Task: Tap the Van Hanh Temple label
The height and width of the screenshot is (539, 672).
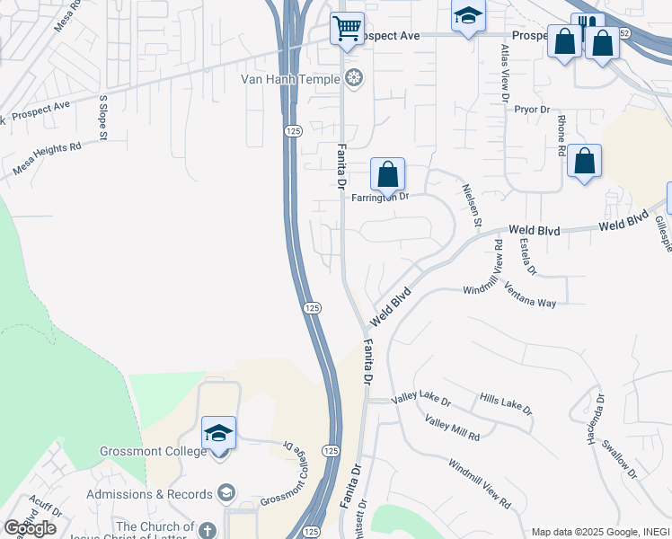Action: coord(290,79)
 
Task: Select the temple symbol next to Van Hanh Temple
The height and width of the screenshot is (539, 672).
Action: coord(354,79)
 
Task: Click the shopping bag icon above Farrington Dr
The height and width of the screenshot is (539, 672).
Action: coord(387,174)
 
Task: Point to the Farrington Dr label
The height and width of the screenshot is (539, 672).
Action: coord(380,196)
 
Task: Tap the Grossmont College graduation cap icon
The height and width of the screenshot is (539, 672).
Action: coord(218,434)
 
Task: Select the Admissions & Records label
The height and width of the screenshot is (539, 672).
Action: coord(149,494)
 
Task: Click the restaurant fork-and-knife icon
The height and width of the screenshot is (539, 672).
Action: coord(588,26)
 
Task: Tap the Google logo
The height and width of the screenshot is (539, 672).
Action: coord(30,527)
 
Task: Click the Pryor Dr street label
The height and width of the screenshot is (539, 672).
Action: coord(532,110)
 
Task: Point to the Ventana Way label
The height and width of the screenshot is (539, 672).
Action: coord(530,296)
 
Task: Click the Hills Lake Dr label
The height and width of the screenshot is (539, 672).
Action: coord(506,404)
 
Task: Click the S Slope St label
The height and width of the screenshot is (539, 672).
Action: coord(103,118)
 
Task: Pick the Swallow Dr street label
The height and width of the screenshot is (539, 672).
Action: coord(620,460)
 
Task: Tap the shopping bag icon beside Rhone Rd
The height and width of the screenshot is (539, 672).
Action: coord(584,162)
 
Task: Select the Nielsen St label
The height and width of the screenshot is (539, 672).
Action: coord(472,205)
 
